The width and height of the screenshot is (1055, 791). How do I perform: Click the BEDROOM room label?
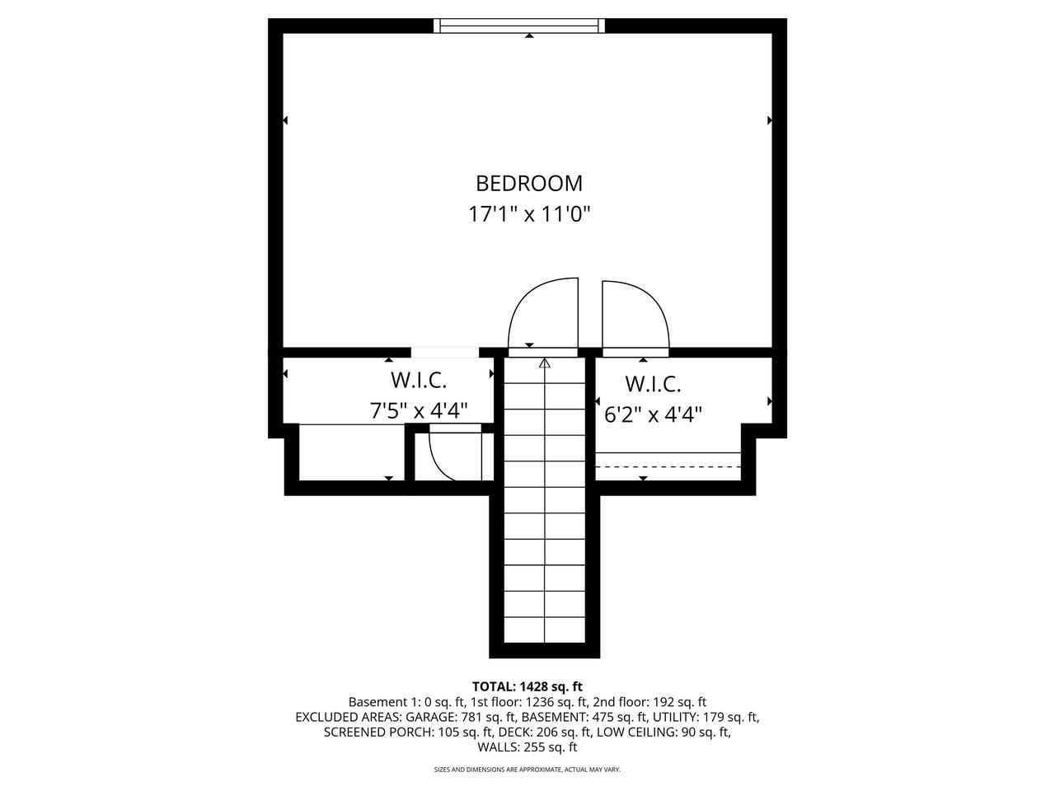pyautogui.click(x=529, y=183)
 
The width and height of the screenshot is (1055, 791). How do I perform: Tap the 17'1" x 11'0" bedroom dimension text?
pyautogui.click(x=529, y=215)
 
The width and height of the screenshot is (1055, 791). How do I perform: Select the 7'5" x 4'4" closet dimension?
pyautogui.click(x=419, y=410)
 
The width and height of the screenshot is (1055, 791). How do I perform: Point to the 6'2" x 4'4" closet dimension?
pyautogui.click(x=653, y=414)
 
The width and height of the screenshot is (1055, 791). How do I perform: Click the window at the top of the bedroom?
pyautogui.click(x=520, y=26)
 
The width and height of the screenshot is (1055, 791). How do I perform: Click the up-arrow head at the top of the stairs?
pyautogui.click(x=544, y=363)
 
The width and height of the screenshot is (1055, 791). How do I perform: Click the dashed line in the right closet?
pyautogui.click(x=668, y=467)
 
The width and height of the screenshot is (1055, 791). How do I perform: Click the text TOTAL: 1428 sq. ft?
pyautogui.click(x=527, y=686)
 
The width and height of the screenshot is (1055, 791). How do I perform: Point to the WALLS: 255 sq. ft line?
pyautogui.click(x=527, y=747)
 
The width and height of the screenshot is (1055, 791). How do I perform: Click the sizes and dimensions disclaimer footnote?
pyautogui.click(x=527, y=770)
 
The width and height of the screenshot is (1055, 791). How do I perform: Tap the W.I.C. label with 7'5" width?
pyautogui.click(x=419, y=381)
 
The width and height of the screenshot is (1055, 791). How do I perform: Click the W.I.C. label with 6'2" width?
pyautogui.click(x=653, y=384)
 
